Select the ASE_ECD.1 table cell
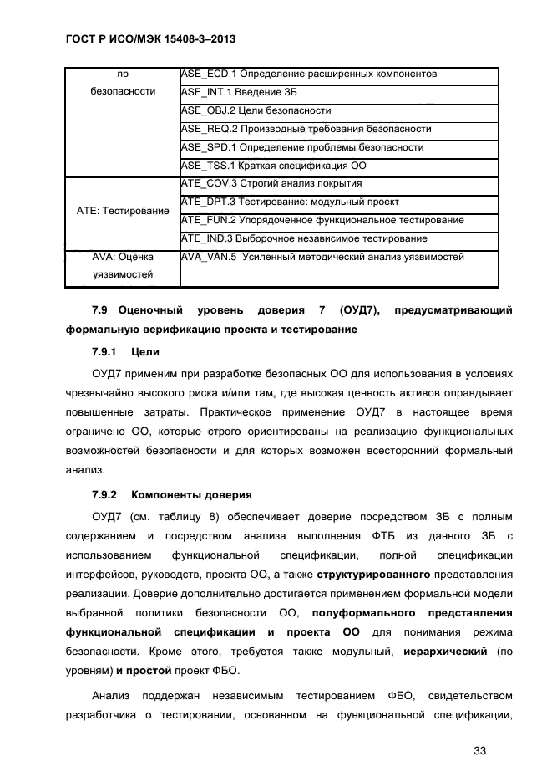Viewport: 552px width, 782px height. (x=308, y=74)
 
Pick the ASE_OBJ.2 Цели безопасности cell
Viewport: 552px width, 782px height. (x=256, y=110)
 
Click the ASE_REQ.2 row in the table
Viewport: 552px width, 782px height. (x=306, y=129)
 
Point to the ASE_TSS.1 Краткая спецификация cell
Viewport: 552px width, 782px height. (x=273, y=166)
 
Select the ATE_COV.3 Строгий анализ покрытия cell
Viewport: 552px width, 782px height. (x=271, y=183)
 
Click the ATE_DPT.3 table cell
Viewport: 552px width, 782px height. (x=290, y=202)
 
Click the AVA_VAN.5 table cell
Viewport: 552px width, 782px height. (x=322, y=257)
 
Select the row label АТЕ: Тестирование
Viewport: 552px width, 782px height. (x=122, y=211)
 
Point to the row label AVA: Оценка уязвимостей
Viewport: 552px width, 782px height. (x=122, y=265)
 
